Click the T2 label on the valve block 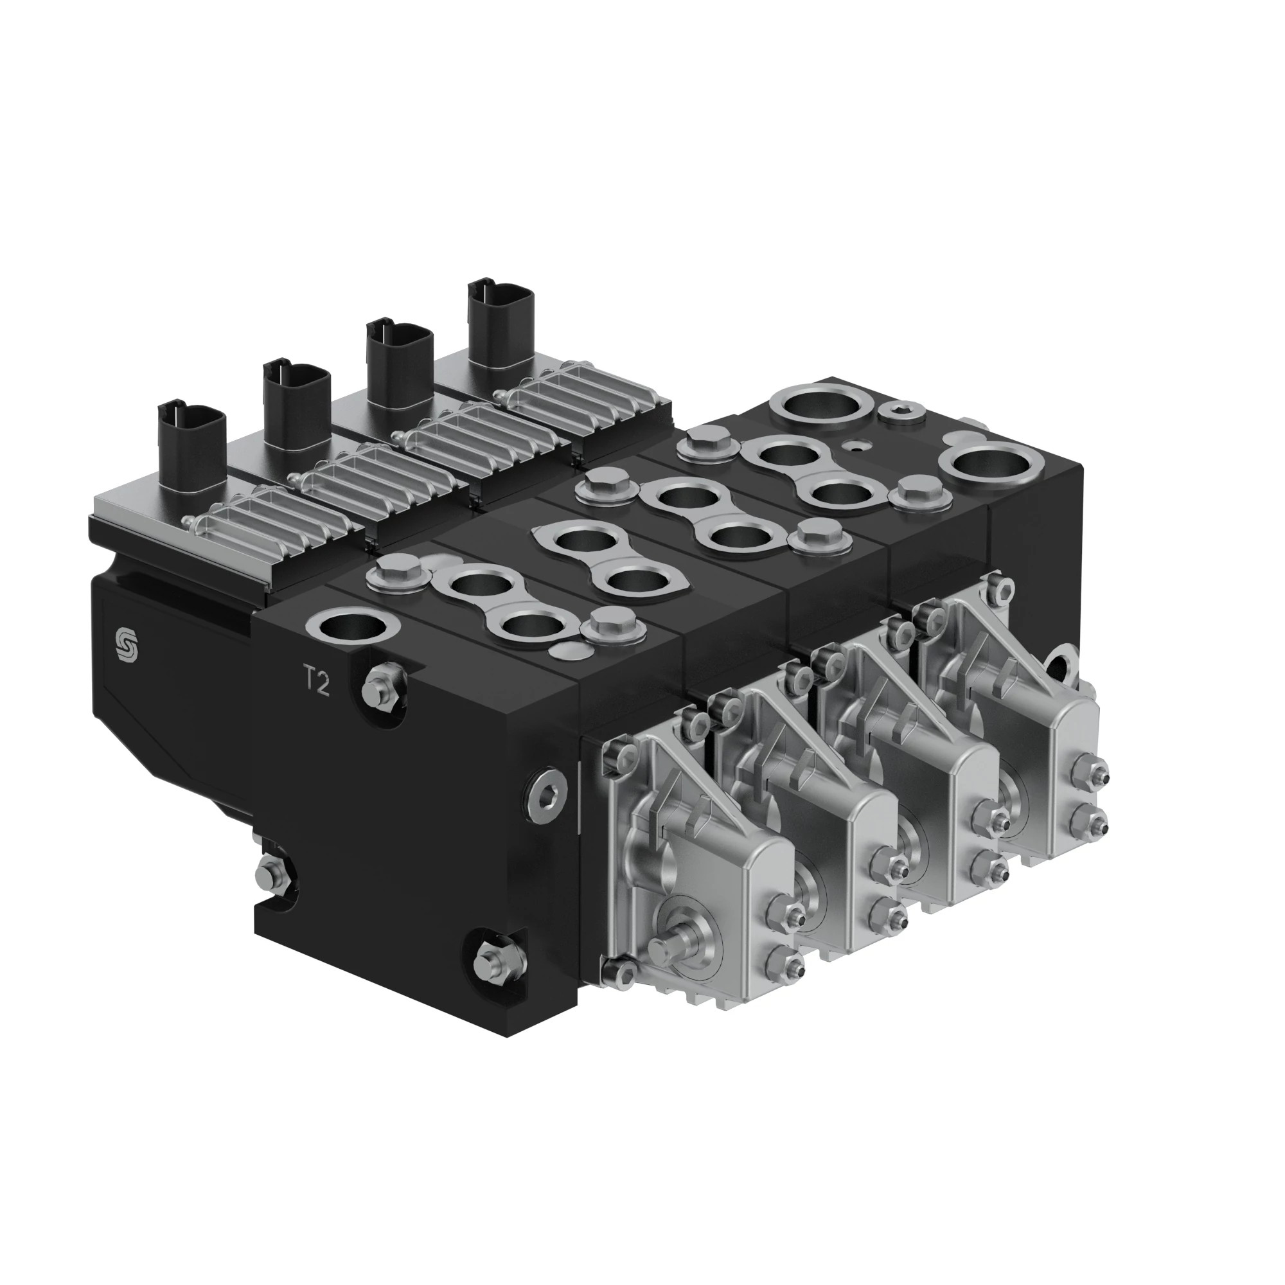point(317,682)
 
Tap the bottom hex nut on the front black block point(492,960)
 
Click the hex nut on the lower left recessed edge point(272,874)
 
